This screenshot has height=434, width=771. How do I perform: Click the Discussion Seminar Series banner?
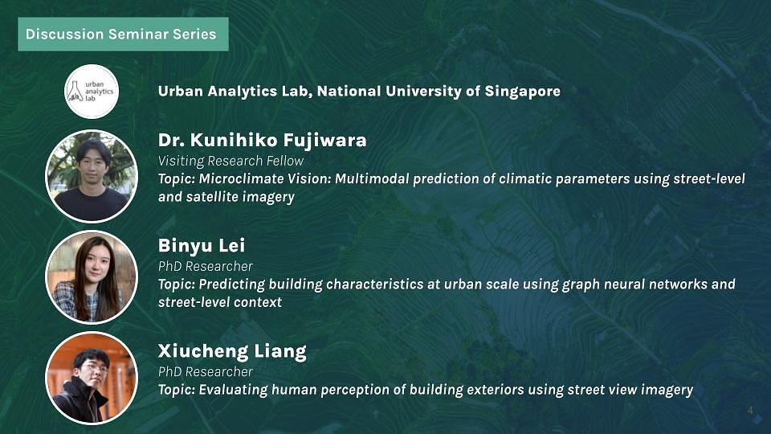click(121, 35)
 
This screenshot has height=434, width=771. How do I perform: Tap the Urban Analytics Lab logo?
click(91, 91)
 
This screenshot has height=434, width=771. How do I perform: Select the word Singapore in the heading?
click(523, 91)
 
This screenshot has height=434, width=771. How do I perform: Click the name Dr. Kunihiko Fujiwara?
click(262, 141)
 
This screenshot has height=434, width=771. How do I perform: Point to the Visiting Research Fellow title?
click(230, 161)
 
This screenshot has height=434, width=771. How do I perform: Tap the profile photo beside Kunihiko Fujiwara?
click(91, 176)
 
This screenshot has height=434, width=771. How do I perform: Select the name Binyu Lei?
click(202, 245)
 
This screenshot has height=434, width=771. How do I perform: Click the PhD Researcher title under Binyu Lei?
click(205, 266)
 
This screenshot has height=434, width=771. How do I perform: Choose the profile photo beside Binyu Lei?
click(91, 276)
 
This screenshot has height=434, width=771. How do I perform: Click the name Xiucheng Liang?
click(231, 351)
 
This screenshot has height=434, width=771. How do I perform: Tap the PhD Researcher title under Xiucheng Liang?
click(205, 371)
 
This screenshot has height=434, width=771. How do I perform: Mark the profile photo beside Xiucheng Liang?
click(91, 378)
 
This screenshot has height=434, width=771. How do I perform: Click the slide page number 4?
click(750, 411)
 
